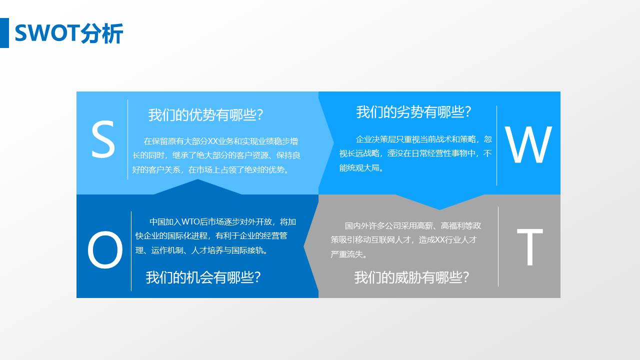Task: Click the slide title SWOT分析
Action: (69, 33)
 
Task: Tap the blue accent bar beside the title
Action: (4, 33)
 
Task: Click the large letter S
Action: (103, 141)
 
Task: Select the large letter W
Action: (528, 145)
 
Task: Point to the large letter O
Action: (105, 251)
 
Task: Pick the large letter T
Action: (529, 247)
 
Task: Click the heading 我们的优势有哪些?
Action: (205, 115)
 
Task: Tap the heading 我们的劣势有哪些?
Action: (413, 112)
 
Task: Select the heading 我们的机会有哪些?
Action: (203, 277)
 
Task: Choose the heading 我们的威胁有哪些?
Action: (411, 277)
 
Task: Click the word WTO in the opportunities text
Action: (190, 222)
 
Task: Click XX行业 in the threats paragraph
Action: (449, 240)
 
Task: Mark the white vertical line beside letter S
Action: (128, 139)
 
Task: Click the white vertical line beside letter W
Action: (496, 145)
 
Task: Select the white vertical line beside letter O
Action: (131, 251)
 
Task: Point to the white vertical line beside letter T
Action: (498, 246)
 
